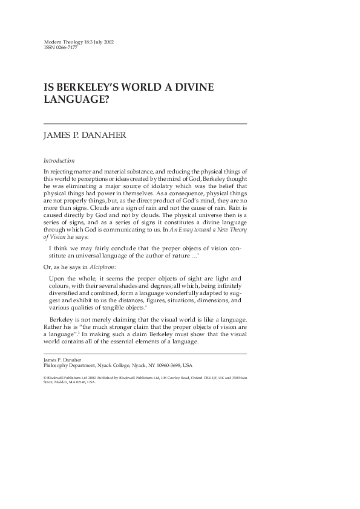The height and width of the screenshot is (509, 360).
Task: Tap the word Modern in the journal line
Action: click(x=54, y=42)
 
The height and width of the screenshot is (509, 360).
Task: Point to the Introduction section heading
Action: click(x=59, y=161)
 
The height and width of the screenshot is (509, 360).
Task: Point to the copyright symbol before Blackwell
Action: click(x=45, y=378)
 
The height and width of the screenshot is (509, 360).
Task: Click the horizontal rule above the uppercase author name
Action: click(x=145, y=123)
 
